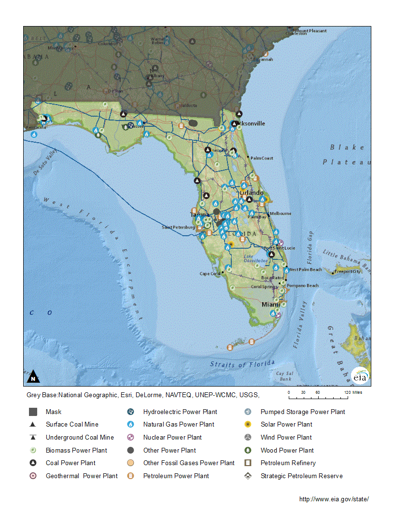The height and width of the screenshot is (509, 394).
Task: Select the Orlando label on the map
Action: click(251, 193)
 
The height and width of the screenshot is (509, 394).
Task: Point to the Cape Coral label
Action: click(210, 274)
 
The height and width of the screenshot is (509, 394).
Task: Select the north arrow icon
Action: click(33, 376)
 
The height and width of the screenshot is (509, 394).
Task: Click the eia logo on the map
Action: click(360, 376)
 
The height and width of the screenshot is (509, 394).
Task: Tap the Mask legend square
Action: click(33, 412)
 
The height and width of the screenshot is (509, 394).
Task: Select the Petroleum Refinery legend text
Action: click(288, 463)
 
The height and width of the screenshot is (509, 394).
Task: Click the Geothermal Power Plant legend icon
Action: click(33, 476)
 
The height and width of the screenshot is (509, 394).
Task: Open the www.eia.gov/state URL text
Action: click(337, 499)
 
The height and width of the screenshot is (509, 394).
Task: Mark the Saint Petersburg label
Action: click(178, 227)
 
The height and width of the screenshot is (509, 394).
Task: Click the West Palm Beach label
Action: click(305, 269)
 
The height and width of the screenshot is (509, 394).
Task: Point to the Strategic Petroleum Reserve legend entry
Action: click(301, 476)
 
